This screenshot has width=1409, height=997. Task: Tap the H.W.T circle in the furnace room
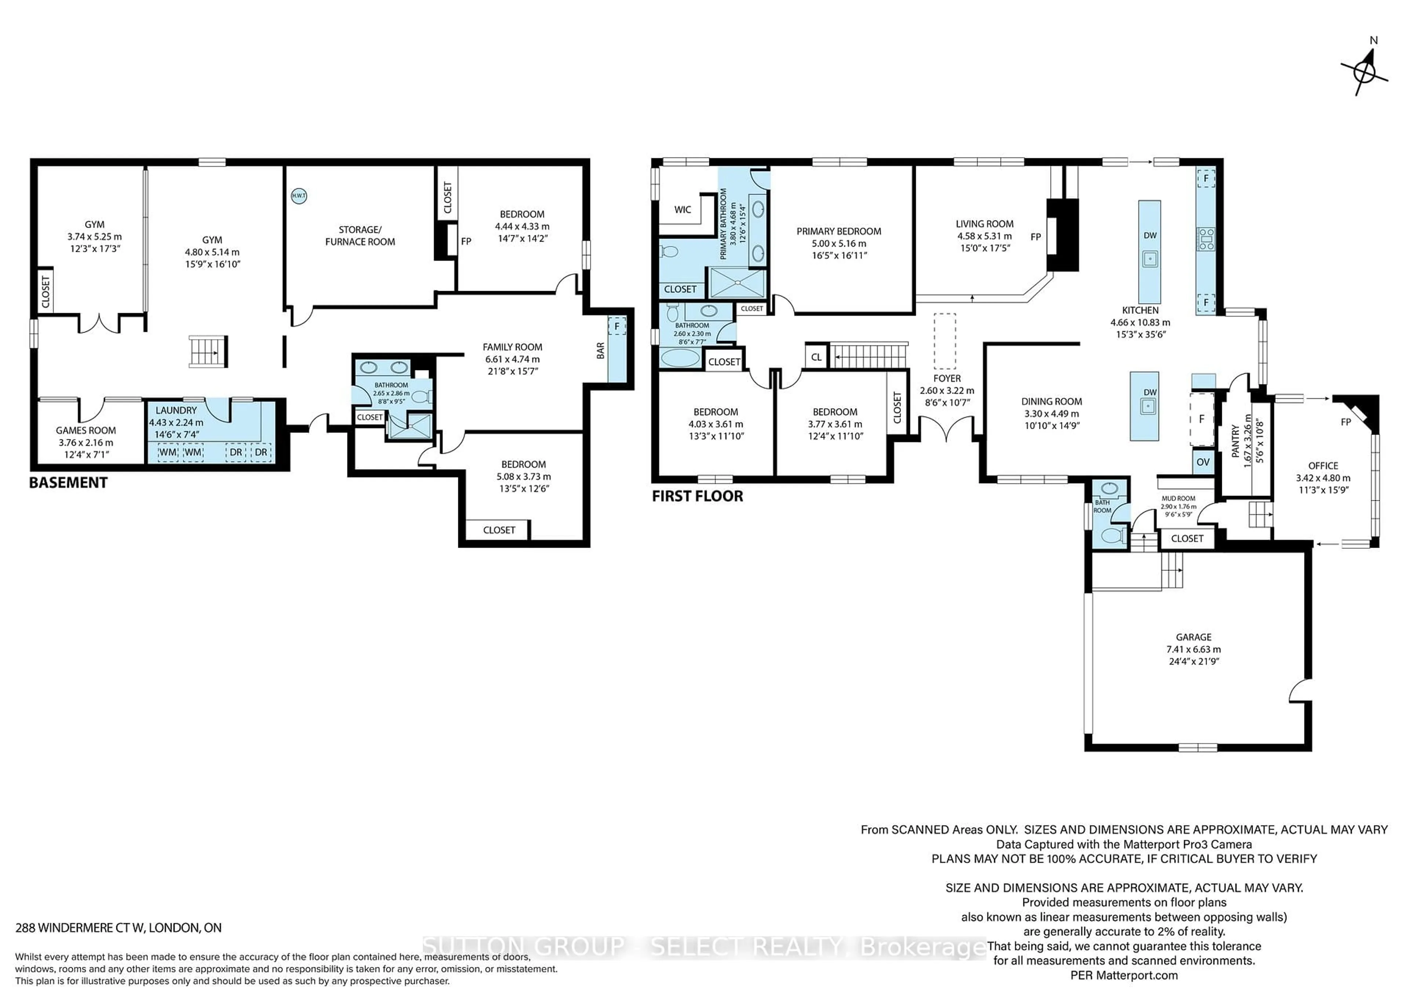click(x=298, y=196)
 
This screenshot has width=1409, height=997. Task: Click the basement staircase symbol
click(x=208, y=352)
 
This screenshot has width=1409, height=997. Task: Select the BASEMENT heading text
click(x=68, y=483)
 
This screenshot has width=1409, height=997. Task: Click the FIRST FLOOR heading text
click(x=697, y=496)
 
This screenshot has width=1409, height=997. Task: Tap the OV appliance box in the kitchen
click(x=1203, y=462)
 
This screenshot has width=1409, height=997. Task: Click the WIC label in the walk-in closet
click(x=682, y=209)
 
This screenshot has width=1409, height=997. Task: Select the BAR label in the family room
click(x=600, y=351)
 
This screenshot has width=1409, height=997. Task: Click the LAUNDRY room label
click(x=176, y=410)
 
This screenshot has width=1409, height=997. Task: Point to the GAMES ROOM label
click(x=86, y=430)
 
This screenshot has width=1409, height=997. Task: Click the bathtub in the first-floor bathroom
click(x=679, y=357)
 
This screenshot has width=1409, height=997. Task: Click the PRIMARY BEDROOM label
click(x=838, y=231)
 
